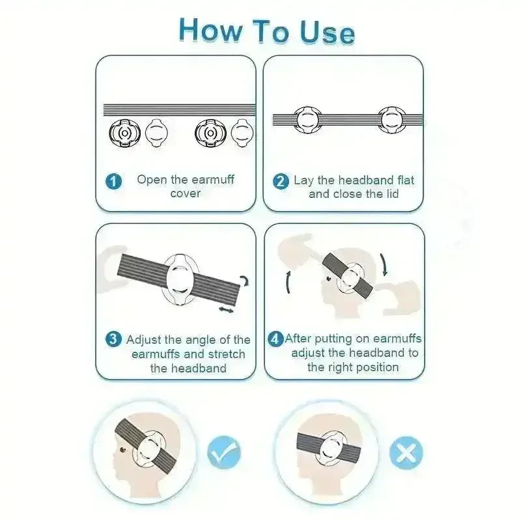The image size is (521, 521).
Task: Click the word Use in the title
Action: point(328,32)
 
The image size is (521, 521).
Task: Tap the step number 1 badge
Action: point(113,182)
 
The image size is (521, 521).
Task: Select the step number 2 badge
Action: point(281,182)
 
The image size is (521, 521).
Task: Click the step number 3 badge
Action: point(113,339)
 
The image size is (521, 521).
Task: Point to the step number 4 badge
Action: point(275,339)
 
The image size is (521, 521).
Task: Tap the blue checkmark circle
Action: point(224,452)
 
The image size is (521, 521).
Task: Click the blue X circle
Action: point(406,453)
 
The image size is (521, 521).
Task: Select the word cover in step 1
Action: point(186,193)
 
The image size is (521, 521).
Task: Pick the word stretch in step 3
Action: point(225,354)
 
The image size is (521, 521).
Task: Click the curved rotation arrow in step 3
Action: point(245,281)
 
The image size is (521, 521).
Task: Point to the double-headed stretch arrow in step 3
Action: point(226,310)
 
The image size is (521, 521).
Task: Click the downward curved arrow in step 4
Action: point(384,265)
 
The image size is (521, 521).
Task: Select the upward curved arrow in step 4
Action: point(289,282)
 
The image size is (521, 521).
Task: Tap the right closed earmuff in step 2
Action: point(392,120)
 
